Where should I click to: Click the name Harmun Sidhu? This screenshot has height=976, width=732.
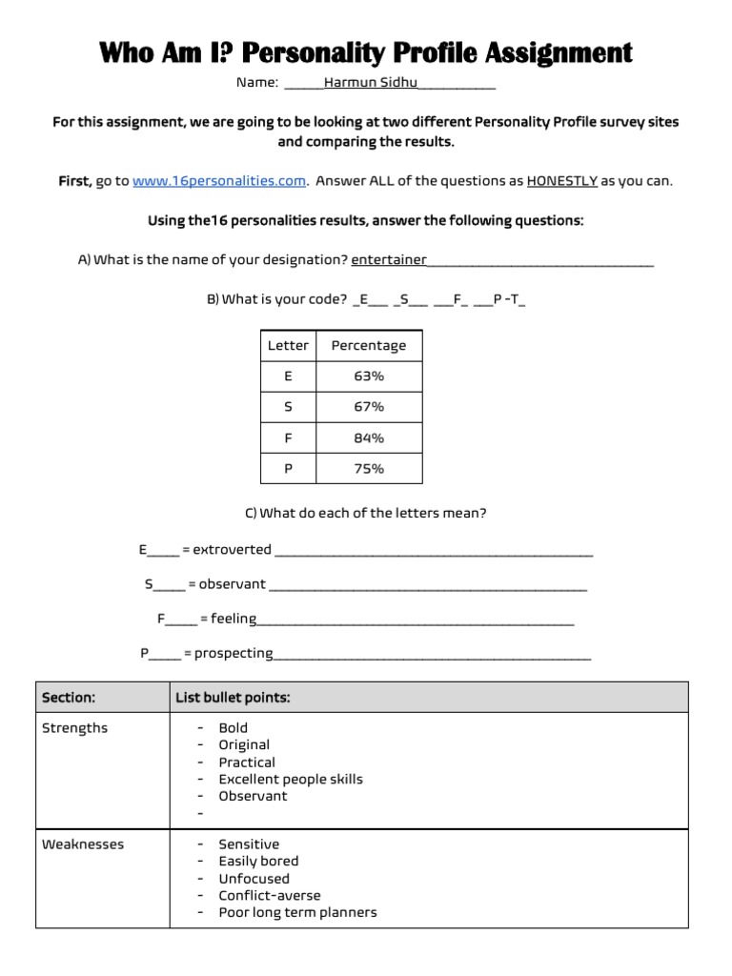click(x=371, y=83)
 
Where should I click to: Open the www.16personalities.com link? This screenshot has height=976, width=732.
click(x=219, y=181)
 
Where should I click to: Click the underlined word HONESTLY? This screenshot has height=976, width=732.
click(x=561, y=181)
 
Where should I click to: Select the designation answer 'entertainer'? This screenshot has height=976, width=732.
click(x=389, y=260)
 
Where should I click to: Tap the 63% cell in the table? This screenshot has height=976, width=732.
click(x=368, y=376)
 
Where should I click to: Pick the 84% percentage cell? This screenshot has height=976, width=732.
click(x=368, y=438)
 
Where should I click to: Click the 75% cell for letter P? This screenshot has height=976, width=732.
click(x=368, y=469)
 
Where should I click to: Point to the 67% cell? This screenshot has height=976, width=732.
click(x=368, y=407)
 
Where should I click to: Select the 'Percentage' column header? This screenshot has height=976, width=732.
click(x=368, y=346)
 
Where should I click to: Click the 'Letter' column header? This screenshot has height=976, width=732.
click(x=288, y=346)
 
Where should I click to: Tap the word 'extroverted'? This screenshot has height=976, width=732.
click(x=232, y=550)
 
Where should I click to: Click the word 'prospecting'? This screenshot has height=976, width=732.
click(x=234, y=654)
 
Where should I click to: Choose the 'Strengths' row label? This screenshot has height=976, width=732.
click(x=75, y=728)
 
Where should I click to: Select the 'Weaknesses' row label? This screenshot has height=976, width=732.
click(x=83, y=844)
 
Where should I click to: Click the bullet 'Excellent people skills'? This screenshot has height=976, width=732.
click(x=291, y=780)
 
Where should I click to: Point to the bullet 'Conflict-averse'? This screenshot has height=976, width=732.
click(x=270, y=896)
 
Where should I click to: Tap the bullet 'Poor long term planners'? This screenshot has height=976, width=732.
click(x=297, y=913)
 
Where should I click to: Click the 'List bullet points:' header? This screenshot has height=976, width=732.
click(x=233, y=698)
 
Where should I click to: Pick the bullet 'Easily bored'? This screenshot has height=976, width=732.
click(x=258, y=862)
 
